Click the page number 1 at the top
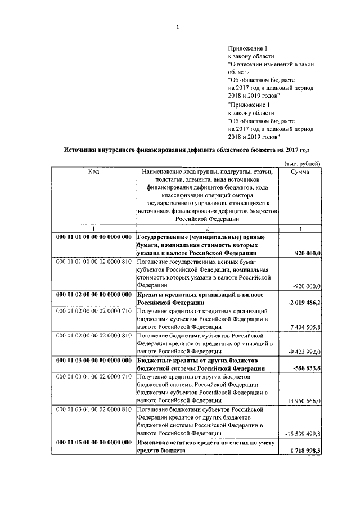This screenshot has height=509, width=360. coord(177,26)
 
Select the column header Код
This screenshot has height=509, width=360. coord(93,172)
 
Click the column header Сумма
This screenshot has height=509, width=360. coord(299,172)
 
